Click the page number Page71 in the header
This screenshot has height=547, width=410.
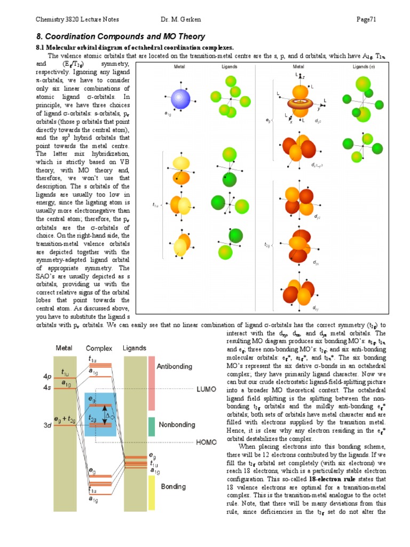[367, 20]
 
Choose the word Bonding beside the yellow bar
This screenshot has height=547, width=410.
[173, 487]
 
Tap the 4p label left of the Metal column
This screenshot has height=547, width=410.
[48, 376]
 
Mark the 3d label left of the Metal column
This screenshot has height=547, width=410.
[48, 426]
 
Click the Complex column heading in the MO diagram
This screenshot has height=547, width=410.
[99, 348]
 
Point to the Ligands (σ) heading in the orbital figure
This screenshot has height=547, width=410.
[364, 67]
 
